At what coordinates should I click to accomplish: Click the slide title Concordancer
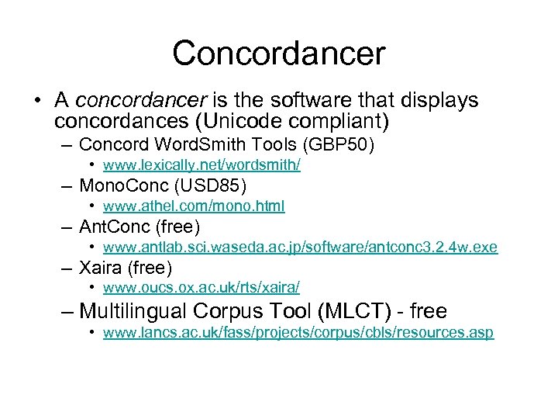click(x=278, y=54)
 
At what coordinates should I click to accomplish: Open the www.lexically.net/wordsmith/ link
click(x=201, y=165)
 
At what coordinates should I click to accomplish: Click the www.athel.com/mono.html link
click(x=194, y=206)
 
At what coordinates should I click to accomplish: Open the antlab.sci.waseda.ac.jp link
click(x=300, y=248)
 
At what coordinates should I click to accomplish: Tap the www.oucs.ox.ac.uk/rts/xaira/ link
click(x=201, y=289)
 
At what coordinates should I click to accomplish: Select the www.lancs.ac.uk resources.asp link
click(x=298, y=333)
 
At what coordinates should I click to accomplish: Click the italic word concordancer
click(x=141, y=102)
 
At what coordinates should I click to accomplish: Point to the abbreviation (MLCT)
click(x=365, y=311)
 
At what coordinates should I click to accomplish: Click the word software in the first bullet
click(x=316, y=102)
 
